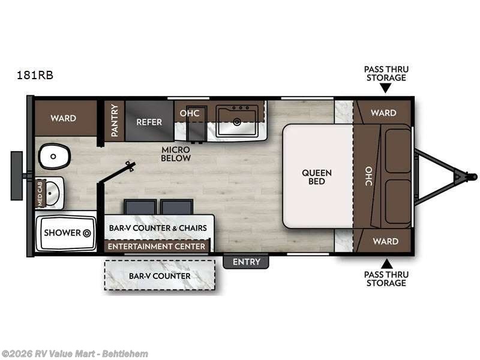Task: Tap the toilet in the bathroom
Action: point(55,157)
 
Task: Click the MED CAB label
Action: point(41,194)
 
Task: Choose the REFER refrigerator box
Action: point(149,122)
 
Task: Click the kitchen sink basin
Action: point(238,122)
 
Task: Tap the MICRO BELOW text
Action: point(175,154)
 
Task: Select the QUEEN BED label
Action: point(317,177)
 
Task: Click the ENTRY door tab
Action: point(247,262)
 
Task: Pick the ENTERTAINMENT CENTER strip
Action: point(157,246)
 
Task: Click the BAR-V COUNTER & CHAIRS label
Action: point(158,228)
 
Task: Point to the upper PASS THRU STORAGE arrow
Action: point(386,88)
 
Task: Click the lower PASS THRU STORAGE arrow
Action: point(386,263)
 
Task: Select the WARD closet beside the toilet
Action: point(64,118)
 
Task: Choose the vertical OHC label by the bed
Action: point(368,176)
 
